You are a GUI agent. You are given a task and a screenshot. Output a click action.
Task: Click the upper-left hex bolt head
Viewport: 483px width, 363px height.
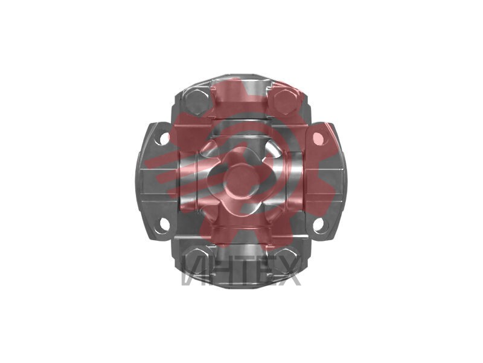pos(197,102)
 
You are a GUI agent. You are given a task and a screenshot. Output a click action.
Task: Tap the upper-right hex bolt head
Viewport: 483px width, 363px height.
pos(284,102)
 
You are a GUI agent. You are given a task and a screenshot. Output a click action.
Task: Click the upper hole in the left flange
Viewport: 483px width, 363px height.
pos(165,139)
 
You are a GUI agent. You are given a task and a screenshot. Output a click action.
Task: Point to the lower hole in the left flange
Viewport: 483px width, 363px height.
pos(164,224)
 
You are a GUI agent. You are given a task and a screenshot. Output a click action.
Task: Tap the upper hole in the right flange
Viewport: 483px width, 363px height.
pos(318,139)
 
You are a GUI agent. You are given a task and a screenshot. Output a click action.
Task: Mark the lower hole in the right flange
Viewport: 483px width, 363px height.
pos(318,224)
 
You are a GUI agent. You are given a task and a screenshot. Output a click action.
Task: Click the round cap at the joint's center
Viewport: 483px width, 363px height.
pos(240,182)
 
